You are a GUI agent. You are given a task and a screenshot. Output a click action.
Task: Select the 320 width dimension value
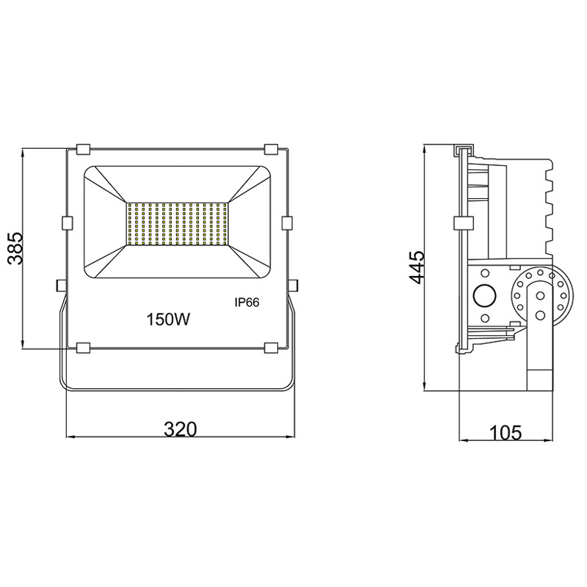[x=180, y=430]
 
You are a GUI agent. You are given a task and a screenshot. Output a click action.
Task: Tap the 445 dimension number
[x=416, y=269]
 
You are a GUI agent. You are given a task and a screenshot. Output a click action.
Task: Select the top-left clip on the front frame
[x=82, y=149]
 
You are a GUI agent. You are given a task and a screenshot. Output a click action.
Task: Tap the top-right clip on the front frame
[x=271, y=149]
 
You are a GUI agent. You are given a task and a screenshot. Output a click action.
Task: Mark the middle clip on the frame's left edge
[x=67, y=222]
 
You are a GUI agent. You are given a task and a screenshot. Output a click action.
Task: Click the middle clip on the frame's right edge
[x=287, y=222]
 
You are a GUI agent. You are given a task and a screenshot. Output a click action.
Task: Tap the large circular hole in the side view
[x=484, y=296]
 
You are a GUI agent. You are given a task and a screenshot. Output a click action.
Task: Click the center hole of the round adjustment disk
[x=539, y=296]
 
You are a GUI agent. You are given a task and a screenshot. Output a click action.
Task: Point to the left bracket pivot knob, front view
[x=60, y=283]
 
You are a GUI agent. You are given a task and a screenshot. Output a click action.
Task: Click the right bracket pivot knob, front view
[x=293, y=283]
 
